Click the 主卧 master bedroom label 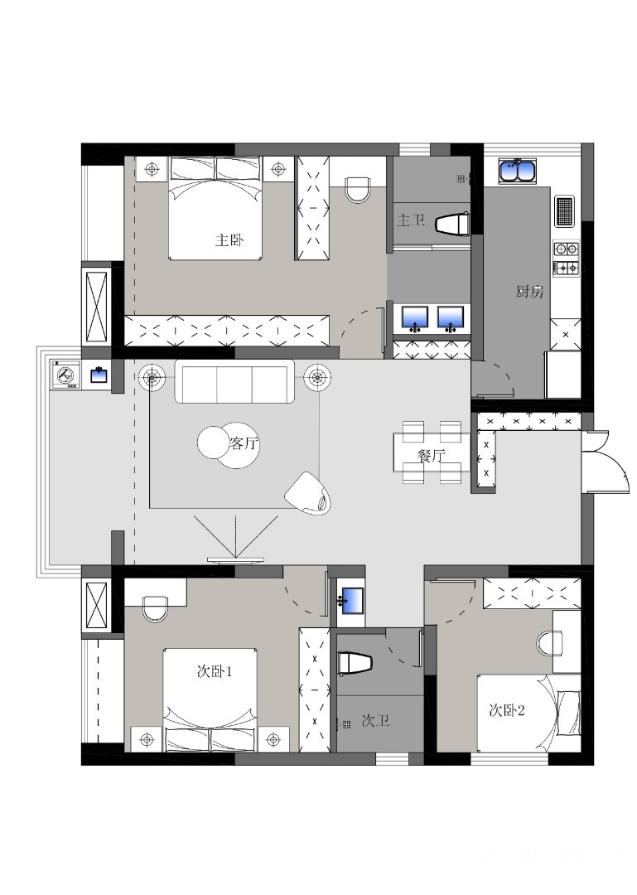tap(229, 239)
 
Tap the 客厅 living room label tap(244, 443)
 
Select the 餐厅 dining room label tap(431, 456)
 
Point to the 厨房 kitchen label tap(529, 292)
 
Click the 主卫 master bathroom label tap(411, 220)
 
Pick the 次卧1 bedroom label tap(214, 671)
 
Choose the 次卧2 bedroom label tap(507, 710)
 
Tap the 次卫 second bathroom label tap(375, 721)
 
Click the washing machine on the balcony tap(66, 375)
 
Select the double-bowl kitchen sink tap(518, 171)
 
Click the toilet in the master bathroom tap(452, 224)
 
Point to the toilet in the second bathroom tap(355, 664)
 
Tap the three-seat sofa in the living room tap(234, 381)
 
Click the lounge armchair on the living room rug tap(308, 494)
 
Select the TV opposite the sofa tap(236, 560)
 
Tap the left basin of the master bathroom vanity tap(415, 318)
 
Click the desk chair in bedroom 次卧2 tap(550, 644)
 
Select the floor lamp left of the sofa tap(151, 377)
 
